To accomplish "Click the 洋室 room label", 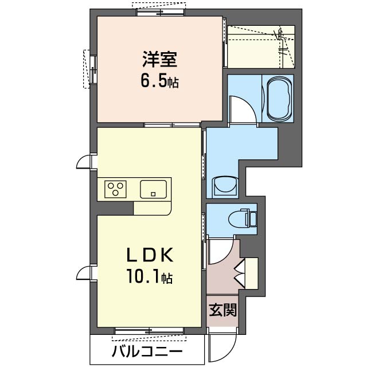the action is (x=159, y=59).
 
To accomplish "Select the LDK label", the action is (x=150, y=255).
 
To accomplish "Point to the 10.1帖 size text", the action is (x=150, y=276).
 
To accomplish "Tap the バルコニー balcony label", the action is (x=147, y=351).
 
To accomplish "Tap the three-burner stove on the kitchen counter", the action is (x=115, y=189).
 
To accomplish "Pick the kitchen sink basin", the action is (x=153, y=189).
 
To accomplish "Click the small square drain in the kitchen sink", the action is (x=153, y=194).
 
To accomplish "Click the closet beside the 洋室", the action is (x=261, y=47).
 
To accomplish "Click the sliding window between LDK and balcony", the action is (x=149, y=331).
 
